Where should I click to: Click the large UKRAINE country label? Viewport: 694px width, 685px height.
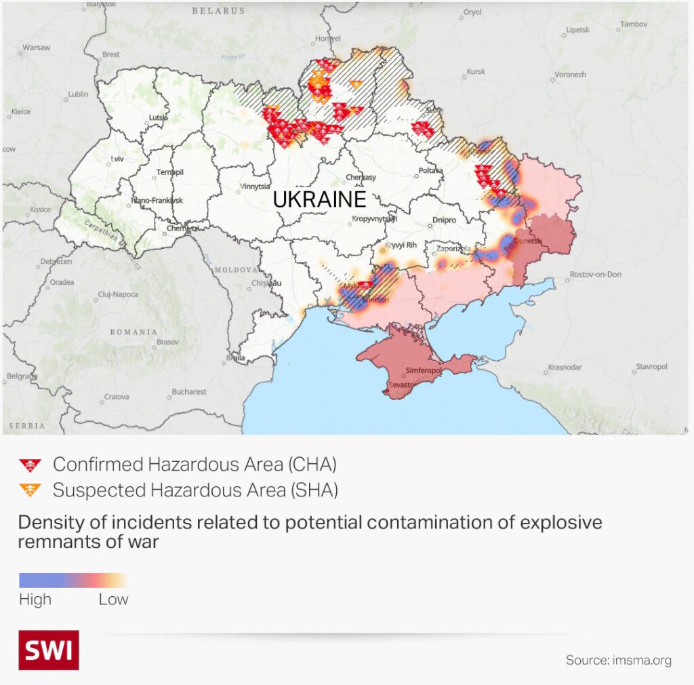[x=319, y=199]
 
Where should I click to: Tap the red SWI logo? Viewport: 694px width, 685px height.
[x=48, y=650]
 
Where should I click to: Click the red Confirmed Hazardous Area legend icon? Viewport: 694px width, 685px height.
[x=30, y=465]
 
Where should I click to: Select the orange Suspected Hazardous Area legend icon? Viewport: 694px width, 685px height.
[x=30, y=490]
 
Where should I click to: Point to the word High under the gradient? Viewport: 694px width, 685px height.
[x=35, y=600]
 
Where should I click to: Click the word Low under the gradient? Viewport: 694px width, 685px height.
[x=113, y=600]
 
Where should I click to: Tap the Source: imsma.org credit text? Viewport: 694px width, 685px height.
[x=619, y=660]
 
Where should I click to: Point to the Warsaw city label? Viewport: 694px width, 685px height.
[x=37, y=47]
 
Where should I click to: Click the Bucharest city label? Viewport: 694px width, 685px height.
[x=189, y=391]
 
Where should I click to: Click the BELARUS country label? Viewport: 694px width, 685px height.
[x=218, y=11]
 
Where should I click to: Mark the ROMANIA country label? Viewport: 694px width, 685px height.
[x=134, y=332]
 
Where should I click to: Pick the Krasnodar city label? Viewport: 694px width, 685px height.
[x=565, y=367]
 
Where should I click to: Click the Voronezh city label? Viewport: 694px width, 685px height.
[x=570, y=75]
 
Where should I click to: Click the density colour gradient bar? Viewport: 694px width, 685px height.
[x=73, y=581]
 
